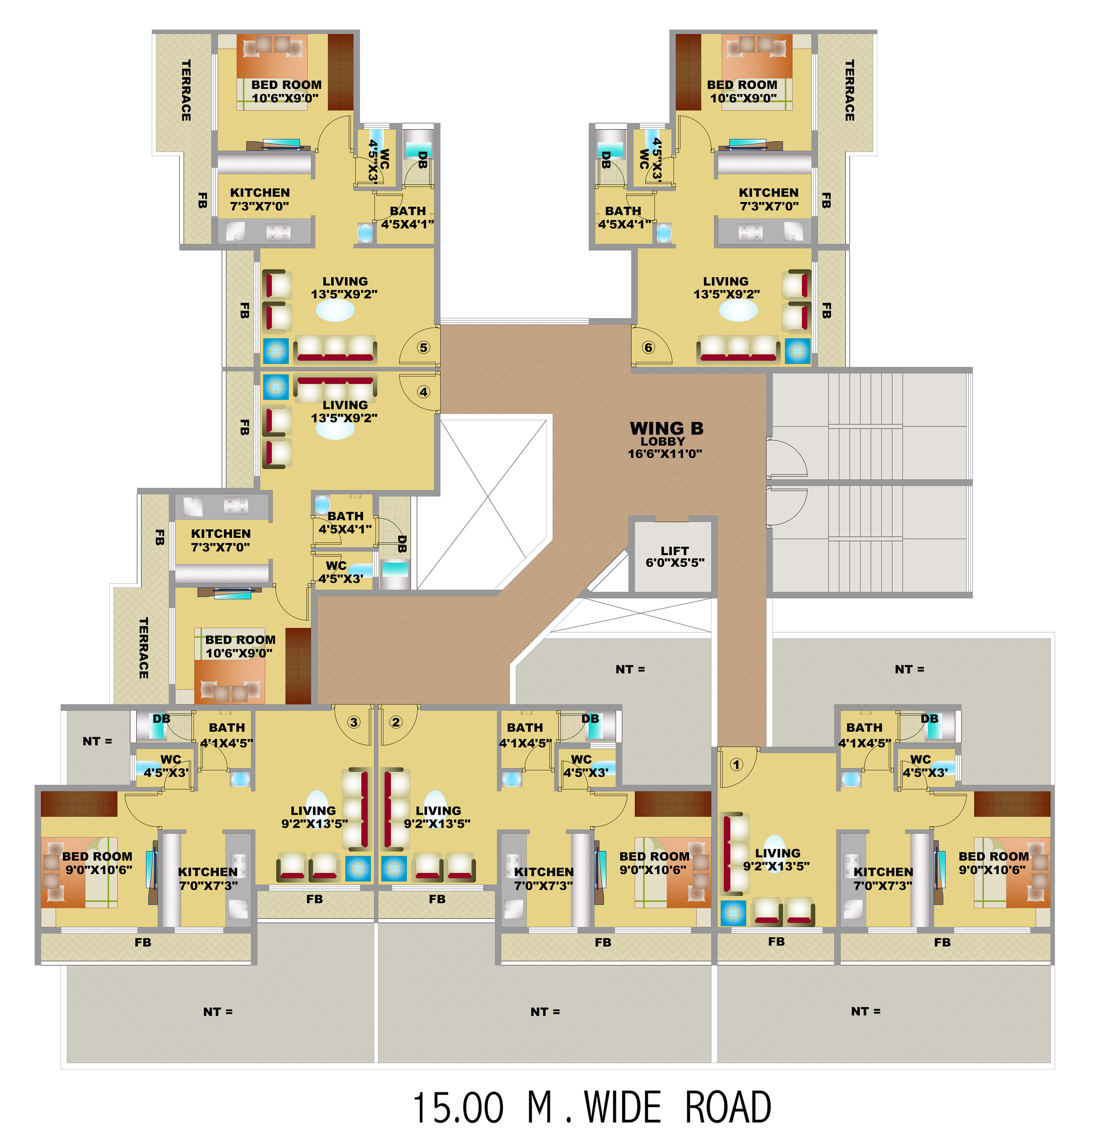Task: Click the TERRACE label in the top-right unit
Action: click(x=850, y=91)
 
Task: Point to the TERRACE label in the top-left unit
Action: click(x=186, y=91)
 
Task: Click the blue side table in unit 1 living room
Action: click(x=733, y=913)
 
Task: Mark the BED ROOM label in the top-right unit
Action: click(x=742, y=91)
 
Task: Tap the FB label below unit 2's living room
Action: click(x=437, y=899)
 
